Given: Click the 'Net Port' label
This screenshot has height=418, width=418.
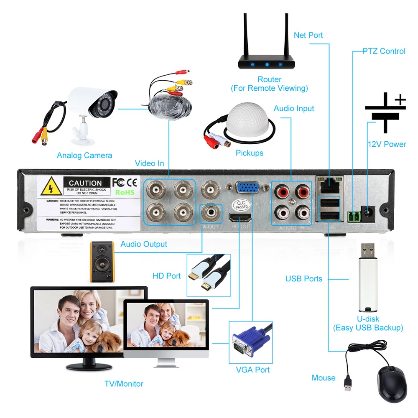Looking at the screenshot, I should click(308, 35).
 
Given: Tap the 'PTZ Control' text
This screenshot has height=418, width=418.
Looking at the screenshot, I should click(384, 51).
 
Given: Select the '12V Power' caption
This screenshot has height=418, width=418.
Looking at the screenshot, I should click(387, 144).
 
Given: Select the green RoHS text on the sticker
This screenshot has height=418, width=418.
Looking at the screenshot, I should click(125, 192).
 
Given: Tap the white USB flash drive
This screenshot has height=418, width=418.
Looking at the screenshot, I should click(368, 278).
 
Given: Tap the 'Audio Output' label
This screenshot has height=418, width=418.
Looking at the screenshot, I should click(143, 244).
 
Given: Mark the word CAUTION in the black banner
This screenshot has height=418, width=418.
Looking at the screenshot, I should click(85, 183).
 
